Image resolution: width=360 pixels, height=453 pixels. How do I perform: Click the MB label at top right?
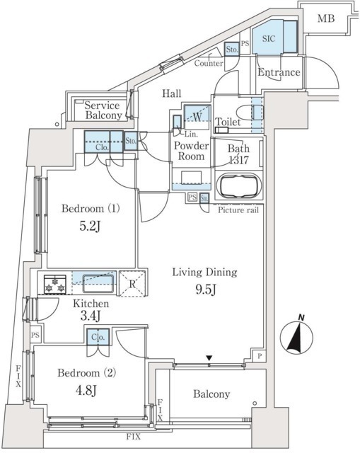tap(325, 18)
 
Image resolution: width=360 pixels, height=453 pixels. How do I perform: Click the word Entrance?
tap(279, 73)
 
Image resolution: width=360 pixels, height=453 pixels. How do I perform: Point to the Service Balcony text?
tap(103, 110)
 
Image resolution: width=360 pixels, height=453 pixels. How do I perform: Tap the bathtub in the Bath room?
tap(236, 188)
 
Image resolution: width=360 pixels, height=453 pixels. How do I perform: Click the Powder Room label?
tap(190, 151)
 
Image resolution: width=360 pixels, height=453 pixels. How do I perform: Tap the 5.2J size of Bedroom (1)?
tap(84, 228)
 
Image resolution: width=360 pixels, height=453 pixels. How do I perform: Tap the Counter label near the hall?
tap(209, 63)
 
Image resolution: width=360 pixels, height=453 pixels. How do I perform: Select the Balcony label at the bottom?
tap(209, 394)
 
